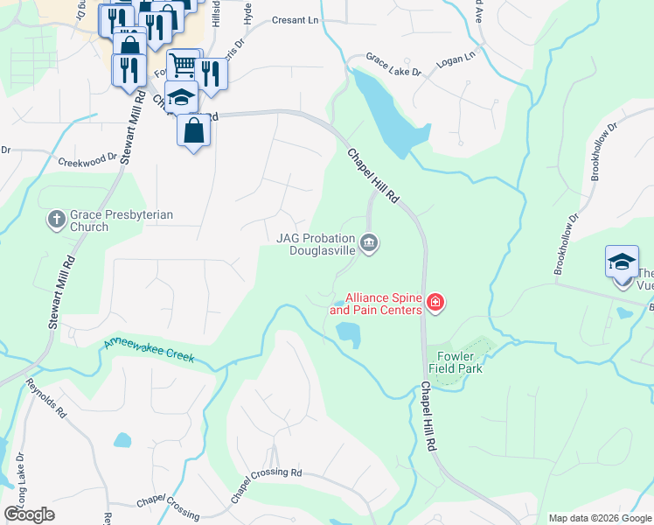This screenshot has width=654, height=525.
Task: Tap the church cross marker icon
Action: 57,220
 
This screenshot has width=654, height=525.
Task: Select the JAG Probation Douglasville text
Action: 316,242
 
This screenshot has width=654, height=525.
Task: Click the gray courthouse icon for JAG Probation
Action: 369,242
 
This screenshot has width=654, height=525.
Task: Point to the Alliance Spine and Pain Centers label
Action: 384,304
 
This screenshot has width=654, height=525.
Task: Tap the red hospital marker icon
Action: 435,304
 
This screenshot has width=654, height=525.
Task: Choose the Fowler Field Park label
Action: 455,362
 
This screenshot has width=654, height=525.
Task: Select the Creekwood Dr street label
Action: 87,161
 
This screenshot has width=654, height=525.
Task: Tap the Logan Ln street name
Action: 456,55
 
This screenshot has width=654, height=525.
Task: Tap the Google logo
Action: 29,514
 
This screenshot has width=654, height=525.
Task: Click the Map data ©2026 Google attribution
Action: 599,518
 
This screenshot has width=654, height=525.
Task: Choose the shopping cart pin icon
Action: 184,64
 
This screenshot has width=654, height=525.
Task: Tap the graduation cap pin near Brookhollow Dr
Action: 622,262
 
